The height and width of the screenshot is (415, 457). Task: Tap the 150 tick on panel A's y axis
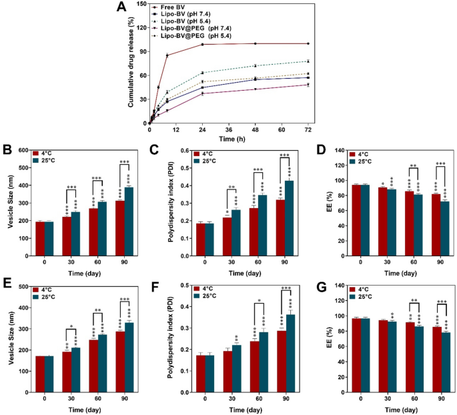click(141, 4)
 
